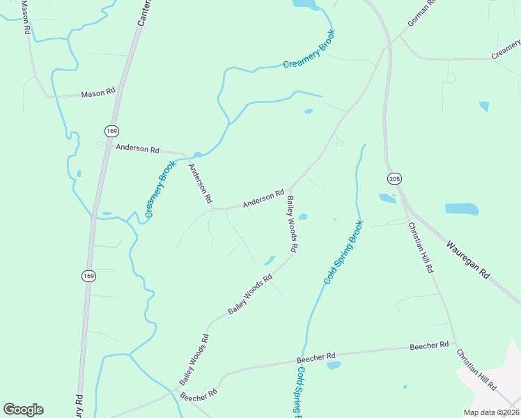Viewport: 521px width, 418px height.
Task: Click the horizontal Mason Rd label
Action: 98,93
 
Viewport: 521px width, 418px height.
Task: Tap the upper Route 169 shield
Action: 111,130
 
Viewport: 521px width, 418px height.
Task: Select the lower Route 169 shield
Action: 91,277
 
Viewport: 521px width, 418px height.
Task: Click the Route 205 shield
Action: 394,179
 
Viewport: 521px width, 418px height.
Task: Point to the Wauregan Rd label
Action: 468,261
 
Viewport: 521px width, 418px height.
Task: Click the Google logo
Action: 23,410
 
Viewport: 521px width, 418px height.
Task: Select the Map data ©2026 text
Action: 491,412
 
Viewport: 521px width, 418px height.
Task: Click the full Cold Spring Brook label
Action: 343,252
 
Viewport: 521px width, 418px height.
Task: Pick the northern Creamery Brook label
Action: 309,49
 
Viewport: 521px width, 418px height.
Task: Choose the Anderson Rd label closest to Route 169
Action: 138,148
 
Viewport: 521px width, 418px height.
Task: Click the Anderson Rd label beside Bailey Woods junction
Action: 263,199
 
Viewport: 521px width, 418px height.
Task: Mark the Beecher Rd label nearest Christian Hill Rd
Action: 428,346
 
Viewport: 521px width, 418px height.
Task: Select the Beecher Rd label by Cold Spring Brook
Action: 316,357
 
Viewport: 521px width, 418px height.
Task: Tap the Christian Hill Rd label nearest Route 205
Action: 421,247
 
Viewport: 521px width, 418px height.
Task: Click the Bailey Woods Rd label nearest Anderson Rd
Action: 293,224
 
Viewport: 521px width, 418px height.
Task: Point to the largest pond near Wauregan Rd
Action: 461,209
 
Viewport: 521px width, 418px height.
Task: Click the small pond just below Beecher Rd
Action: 334,365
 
